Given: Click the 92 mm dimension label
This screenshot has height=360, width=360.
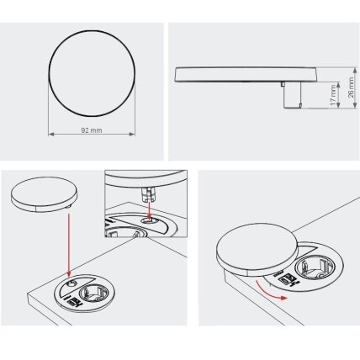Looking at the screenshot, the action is (92, 130).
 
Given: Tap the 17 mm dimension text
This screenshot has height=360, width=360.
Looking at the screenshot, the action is (333, 95).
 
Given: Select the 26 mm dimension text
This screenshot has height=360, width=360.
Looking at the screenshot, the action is (351, 87).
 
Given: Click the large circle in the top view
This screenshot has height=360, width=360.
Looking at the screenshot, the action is (92, 73).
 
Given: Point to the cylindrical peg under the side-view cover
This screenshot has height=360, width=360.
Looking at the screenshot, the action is (292, 95).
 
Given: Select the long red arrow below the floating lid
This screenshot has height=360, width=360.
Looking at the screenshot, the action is (69, 245).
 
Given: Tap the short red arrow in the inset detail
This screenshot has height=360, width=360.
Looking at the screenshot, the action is (150, 210).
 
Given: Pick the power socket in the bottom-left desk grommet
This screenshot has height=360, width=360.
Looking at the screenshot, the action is (93, 294).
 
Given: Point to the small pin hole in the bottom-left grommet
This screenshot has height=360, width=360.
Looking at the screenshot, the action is (71, 284).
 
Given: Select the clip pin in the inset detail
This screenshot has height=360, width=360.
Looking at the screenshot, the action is (148, 194).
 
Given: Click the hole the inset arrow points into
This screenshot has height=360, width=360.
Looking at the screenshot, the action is (149, 221).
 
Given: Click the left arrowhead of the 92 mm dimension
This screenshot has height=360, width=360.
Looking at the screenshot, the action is (51, 135).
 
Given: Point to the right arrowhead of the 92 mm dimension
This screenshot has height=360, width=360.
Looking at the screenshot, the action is (132, 135).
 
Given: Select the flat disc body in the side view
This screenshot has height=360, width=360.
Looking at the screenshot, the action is (246, 74).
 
